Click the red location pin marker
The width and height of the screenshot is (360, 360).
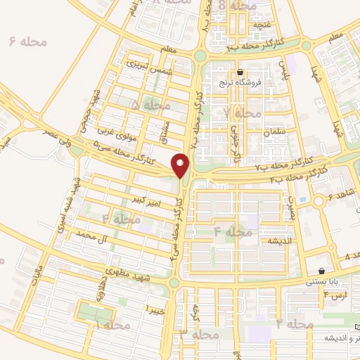point(181,166)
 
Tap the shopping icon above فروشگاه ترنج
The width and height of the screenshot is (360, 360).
point(241,72)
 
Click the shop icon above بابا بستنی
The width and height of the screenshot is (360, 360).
point(322,271)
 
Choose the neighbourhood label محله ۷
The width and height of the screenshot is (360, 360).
point(243,112)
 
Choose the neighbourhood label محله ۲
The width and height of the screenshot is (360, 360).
point(294,323)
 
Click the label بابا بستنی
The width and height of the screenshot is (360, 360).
point(322,281)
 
